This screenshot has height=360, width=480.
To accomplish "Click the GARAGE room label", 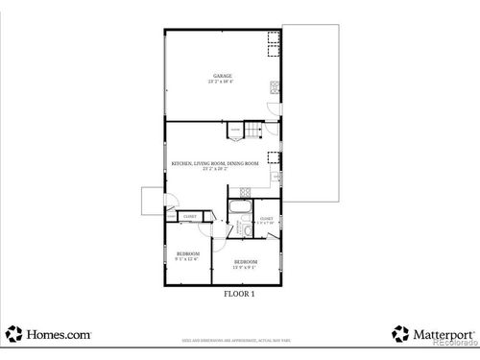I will click(x=222, y=75).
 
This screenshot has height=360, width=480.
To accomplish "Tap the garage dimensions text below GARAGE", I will click(x=222, y=82).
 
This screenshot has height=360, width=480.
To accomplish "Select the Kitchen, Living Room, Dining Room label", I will click(x=215, y=163).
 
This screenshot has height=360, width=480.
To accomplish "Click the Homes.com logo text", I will click(x=59, y=334).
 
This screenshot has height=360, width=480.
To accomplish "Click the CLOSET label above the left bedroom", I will click(x=189, y=217).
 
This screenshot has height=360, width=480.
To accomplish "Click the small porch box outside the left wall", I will click(x=152, y=201).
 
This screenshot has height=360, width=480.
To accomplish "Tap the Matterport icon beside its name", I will click(x=399, y=334).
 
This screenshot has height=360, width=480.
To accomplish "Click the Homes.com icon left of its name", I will click(x=13, y=334).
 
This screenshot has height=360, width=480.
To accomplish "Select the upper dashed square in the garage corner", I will click(x=273, y=38).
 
